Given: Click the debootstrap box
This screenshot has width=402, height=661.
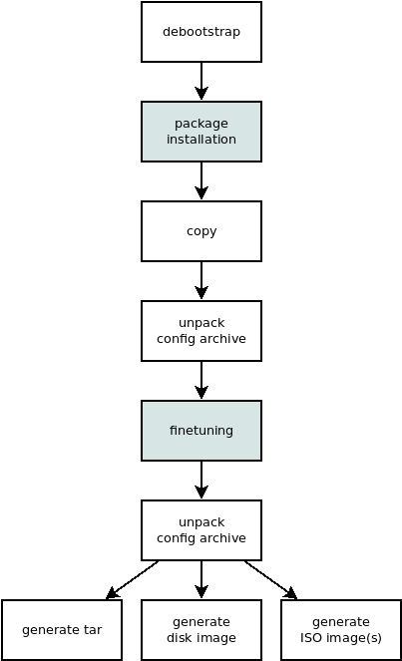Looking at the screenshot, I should [x=201, y=32].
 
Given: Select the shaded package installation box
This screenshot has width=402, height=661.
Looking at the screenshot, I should [x=201, y=132].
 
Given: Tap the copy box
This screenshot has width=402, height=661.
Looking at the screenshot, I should [x=201, y=231].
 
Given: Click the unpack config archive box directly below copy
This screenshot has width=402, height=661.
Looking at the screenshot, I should [x=201, y=331].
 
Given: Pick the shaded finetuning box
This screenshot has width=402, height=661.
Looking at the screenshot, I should [x=201, y=431].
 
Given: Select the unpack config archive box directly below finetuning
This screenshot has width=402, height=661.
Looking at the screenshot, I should [x=201, y=530].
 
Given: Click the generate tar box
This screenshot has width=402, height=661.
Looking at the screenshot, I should [x=62, y=630].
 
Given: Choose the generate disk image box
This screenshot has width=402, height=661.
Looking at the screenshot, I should [x=201, y=630].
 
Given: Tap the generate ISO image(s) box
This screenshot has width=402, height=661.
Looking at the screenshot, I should [x=341, y=630].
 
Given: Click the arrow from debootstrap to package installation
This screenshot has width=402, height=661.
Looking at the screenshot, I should [x=201, y=81].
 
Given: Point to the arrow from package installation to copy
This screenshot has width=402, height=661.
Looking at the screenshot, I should [x=201, y=180].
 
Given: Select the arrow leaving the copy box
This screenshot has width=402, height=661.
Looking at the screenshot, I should [x=201, y=280].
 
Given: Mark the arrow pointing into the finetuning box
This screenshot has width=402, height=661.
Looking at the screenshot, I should [x=201, y=380].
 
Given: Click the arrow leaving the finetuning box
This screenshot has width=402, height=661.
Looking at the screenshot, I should [x=201, y=480].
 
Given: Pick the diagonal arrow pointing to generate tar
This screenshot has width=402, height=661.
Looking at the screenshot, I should [x=133, y=579].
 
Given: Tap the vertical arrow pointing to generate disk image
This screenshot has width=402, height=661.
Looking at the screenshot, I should [x=201, y=579].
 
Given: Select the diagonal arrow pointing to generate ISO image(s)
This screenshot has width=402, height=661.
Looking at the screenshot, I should [x=270, y=579].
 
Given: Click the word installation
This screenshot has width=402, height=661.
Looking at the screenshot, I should [x=201, y=140].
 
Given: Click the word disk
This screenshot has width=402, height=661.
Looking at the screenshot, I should [x=180, y=638].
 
